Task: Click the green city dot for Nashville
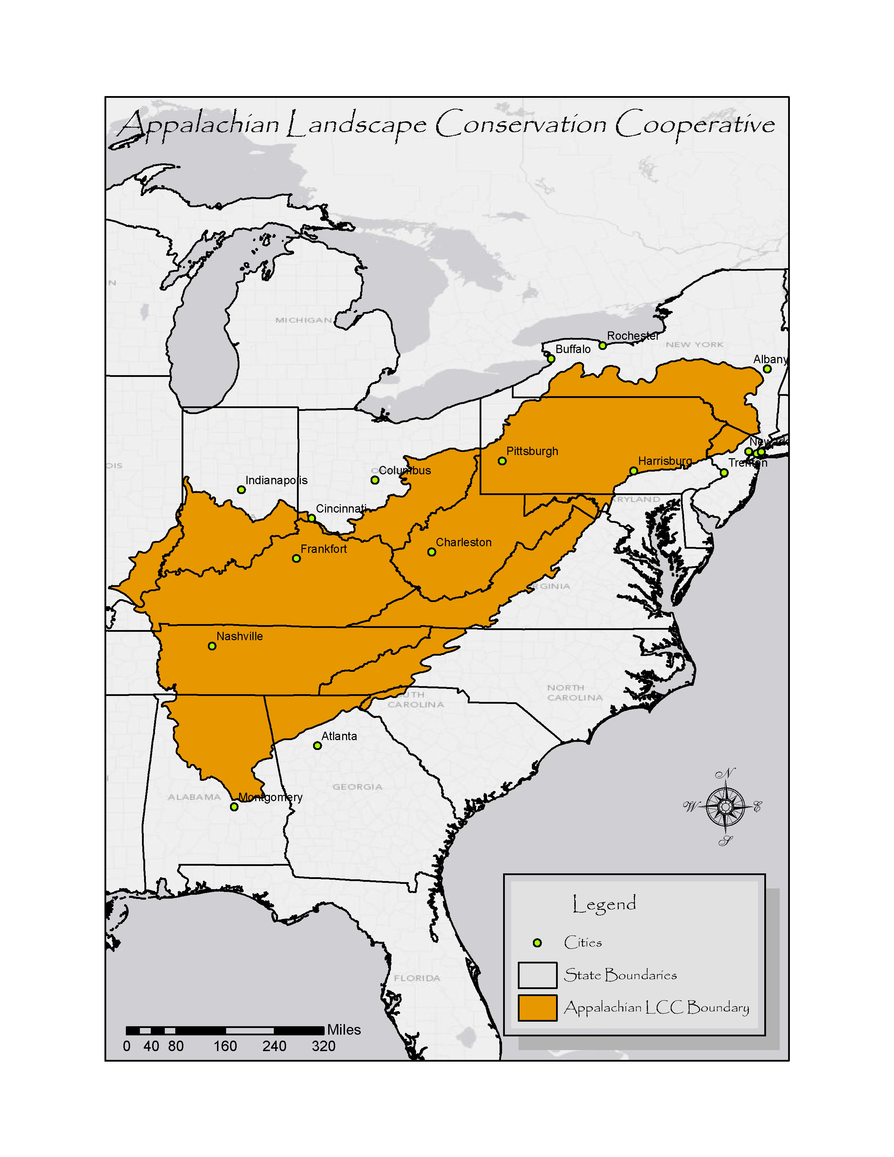pyautogui.click(x=212, y=646)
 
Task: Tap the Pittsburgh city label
pyautogui.click(x=532, y=451)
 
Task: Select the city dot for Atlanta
pyautogui.click(x=317, y=746)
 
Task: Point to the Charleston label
pyautogui.click(x=463, y=542)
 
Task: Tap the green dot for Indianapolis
pyautogui.click(x=241, y=489)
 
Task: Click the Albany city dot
pyautogui.click(x=767, y=369)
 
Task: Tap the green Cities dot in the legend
pyautogui.click(x=537, y=942)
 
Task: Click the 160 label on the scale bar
pyautogui.click(x=225, y=1046)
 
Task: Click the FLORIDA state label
pyautogui.click(x=417, y=978)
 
